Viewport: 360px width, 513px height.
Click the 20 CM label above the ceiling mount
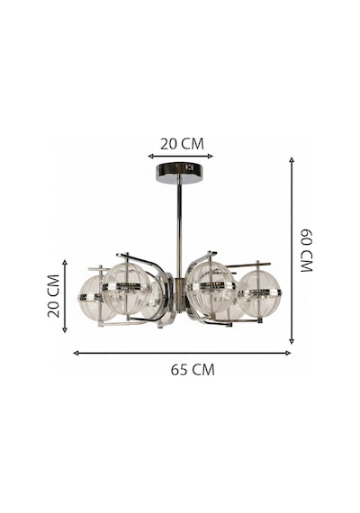[182, 144]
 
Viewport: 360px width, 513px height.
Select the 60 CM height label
[307, 250]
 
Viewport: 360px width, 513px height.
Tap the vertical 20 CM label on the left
[53, 296]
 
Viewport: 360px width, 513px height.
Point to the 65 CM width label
[193, 370]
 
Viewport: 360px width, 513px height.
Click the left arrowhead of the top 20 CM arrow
[150, 156]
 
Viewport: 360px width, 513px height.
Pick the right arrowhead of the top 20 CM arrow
[211, 156]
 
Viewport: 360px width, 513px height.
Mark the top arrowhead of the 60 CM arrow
[292, 159]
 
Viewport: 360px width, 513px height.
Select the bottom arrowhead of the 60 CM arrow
[292, 341]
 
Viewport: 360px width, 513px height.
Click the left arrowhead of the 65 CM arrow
[76, 353]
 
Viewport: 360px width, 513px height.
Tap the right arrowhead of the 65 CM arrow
[288, 353]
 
